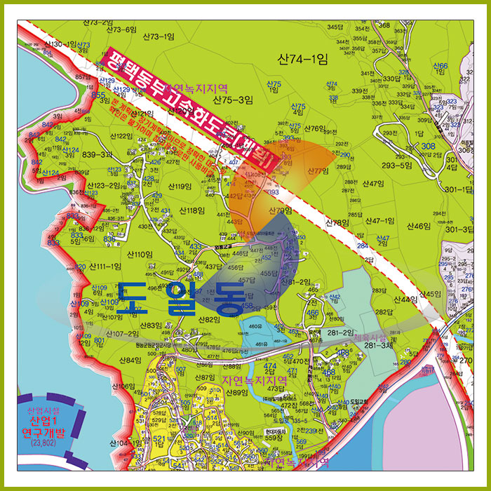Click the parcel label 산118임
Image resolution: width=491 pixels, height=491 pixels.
coord(191,210)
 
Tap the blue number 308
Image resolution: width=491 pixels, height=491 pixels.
coord(429,146)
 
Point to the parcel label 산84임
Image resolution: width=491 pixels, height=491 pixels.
coord(131,360)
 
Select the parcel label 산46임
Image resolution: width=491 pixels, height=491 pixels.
coord(418,226)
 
